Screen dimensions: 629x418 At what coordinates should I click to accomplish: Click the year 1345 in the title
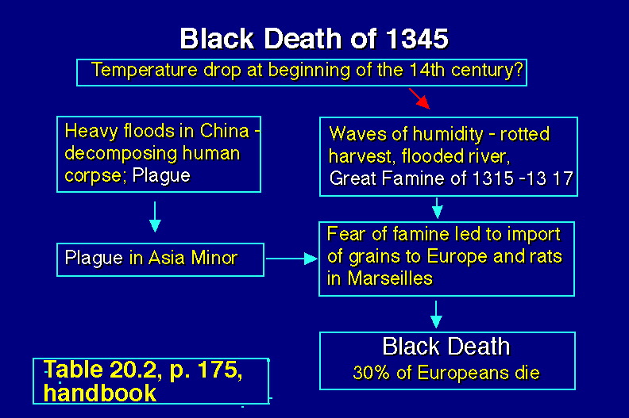[417, 39]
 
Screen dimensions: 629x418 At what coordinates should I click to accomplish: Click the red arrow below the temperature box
[419, 98]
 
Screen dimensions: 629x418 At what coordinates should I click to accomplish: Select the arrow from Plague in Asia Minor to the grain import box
[291, 259]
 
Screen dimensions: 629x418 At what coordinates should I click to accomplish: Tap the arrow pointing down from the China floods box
[155, 217]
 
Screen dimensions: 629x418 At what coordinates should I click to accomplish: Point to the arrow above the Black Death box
[436, 315]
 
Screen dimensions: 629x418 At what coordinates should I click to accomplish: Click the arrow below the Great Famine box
[438, 208]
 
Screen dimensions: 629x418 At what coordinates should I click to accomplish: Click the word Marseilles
[390, 278]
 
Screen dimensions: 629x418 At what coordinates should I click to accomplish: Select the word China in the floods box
[225, 131]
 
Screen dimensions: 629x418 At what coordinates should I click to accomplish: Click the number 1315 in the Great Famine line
[493, 178]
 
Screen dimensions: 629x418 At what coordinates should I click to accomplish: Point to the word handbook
[100, 393]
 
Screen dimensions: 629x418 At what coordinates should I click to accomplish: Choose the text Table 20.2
[103, 369]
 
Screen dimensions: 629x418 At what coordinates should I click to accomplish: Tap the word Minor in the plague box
[214, 258]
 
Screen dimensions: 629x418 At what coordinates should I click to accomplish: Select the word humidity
[448, 134]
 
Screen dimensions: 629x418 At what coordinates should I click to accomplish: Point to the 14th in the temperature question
[427, 70]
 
